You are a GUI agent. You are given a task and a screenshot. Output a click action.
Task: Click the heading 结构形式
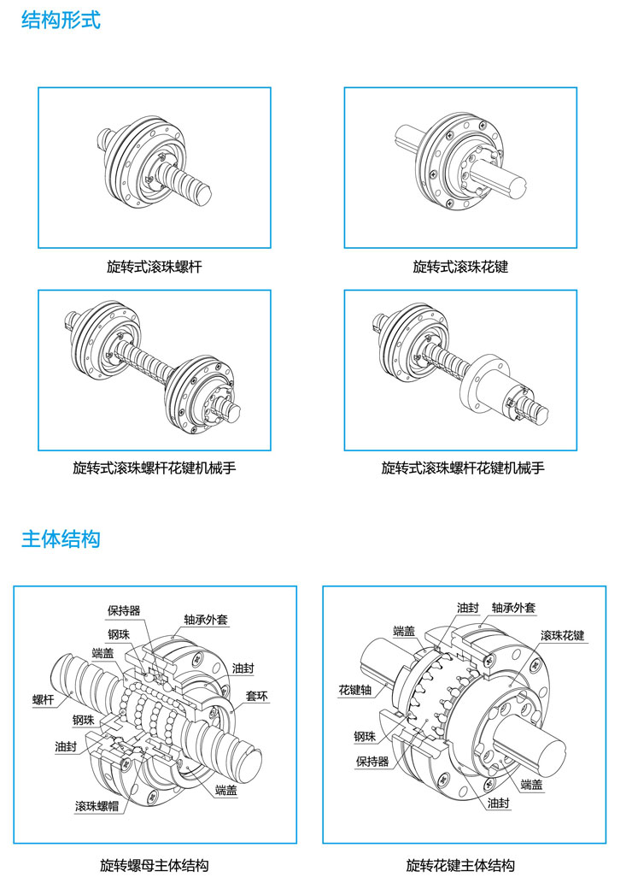pos(61,20)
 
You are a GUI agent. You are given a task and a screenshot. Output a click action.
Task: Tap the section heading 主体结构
pos(61,539)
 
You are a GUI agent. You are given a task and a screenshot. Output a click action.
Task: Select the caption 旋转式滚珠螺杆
pos(155,268)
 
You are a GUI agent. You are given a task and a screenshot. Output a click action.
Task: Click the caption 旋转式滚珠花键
pos(460,268)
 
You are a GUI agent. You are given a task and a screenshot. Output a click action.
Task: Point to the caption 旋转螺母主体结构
pos(155,866)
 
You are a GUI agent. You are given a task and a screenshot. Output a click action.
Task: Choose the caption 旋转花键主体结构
pos(460,866)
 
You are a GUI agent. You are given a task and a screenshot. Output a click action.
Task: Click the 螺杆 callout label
pos(44,699)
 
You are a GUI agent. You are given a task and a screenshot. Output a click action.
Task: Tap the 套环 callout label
pos(257,697)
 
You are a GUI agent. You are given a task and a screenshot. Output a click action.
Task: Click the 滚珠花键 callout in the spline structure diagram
pos(562,636)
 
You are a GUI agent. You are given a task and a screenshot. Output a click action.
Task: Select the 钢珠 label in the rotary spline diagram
pos(366,736)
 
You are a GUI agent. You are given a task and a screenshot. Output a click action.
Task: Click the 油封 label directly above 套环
pos(242,668)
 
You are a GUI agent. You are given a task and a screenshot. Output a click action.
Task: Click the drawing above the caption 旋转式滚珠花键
pos(462,168)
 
